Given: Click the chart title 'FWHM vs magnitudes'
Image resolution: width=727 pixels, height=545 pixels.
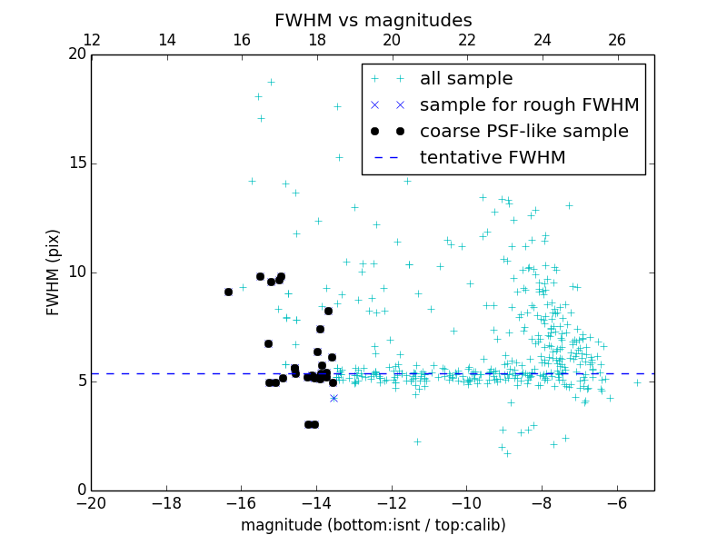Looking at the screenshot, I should pos(373,20).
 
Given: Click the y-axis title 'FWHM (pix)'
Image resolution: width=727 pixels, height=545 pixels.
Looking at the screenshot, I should pos(54,272).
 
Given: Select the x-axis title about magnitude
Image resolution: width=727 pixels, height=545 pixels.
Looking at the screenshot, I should pos(373,525).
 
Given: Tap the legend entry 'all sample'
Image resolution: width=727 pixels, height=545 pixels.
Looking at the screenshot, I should pos(466,79).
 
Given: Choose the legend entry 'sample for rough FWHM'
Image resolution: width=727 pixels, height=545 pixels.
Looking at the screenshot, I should pos(529,105).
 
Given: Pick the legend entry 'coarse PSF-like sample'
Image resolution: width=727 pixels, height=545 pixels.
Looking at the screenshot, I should pos(523,132).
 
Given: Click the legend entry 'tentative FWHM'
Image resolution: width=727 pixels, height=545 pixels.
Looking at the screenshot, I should pos(493,158).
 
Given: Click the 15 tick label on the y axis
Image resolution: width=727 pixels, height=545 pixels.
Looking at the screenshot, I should pos(76,163).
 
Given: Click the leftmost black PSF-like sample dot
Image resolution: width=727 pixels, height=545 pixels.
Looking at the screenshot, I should pos(228,292).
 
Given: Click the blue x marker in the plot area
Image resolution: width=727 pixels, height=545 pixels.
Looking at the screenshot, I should pos(334,398).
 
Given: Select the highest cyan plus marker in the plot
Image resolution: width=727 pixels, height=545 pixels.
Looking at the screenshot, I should pos(271,82).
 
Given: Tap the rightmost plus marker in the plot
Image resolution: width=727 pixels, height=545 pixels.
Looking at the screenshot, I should pos(637,382).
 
